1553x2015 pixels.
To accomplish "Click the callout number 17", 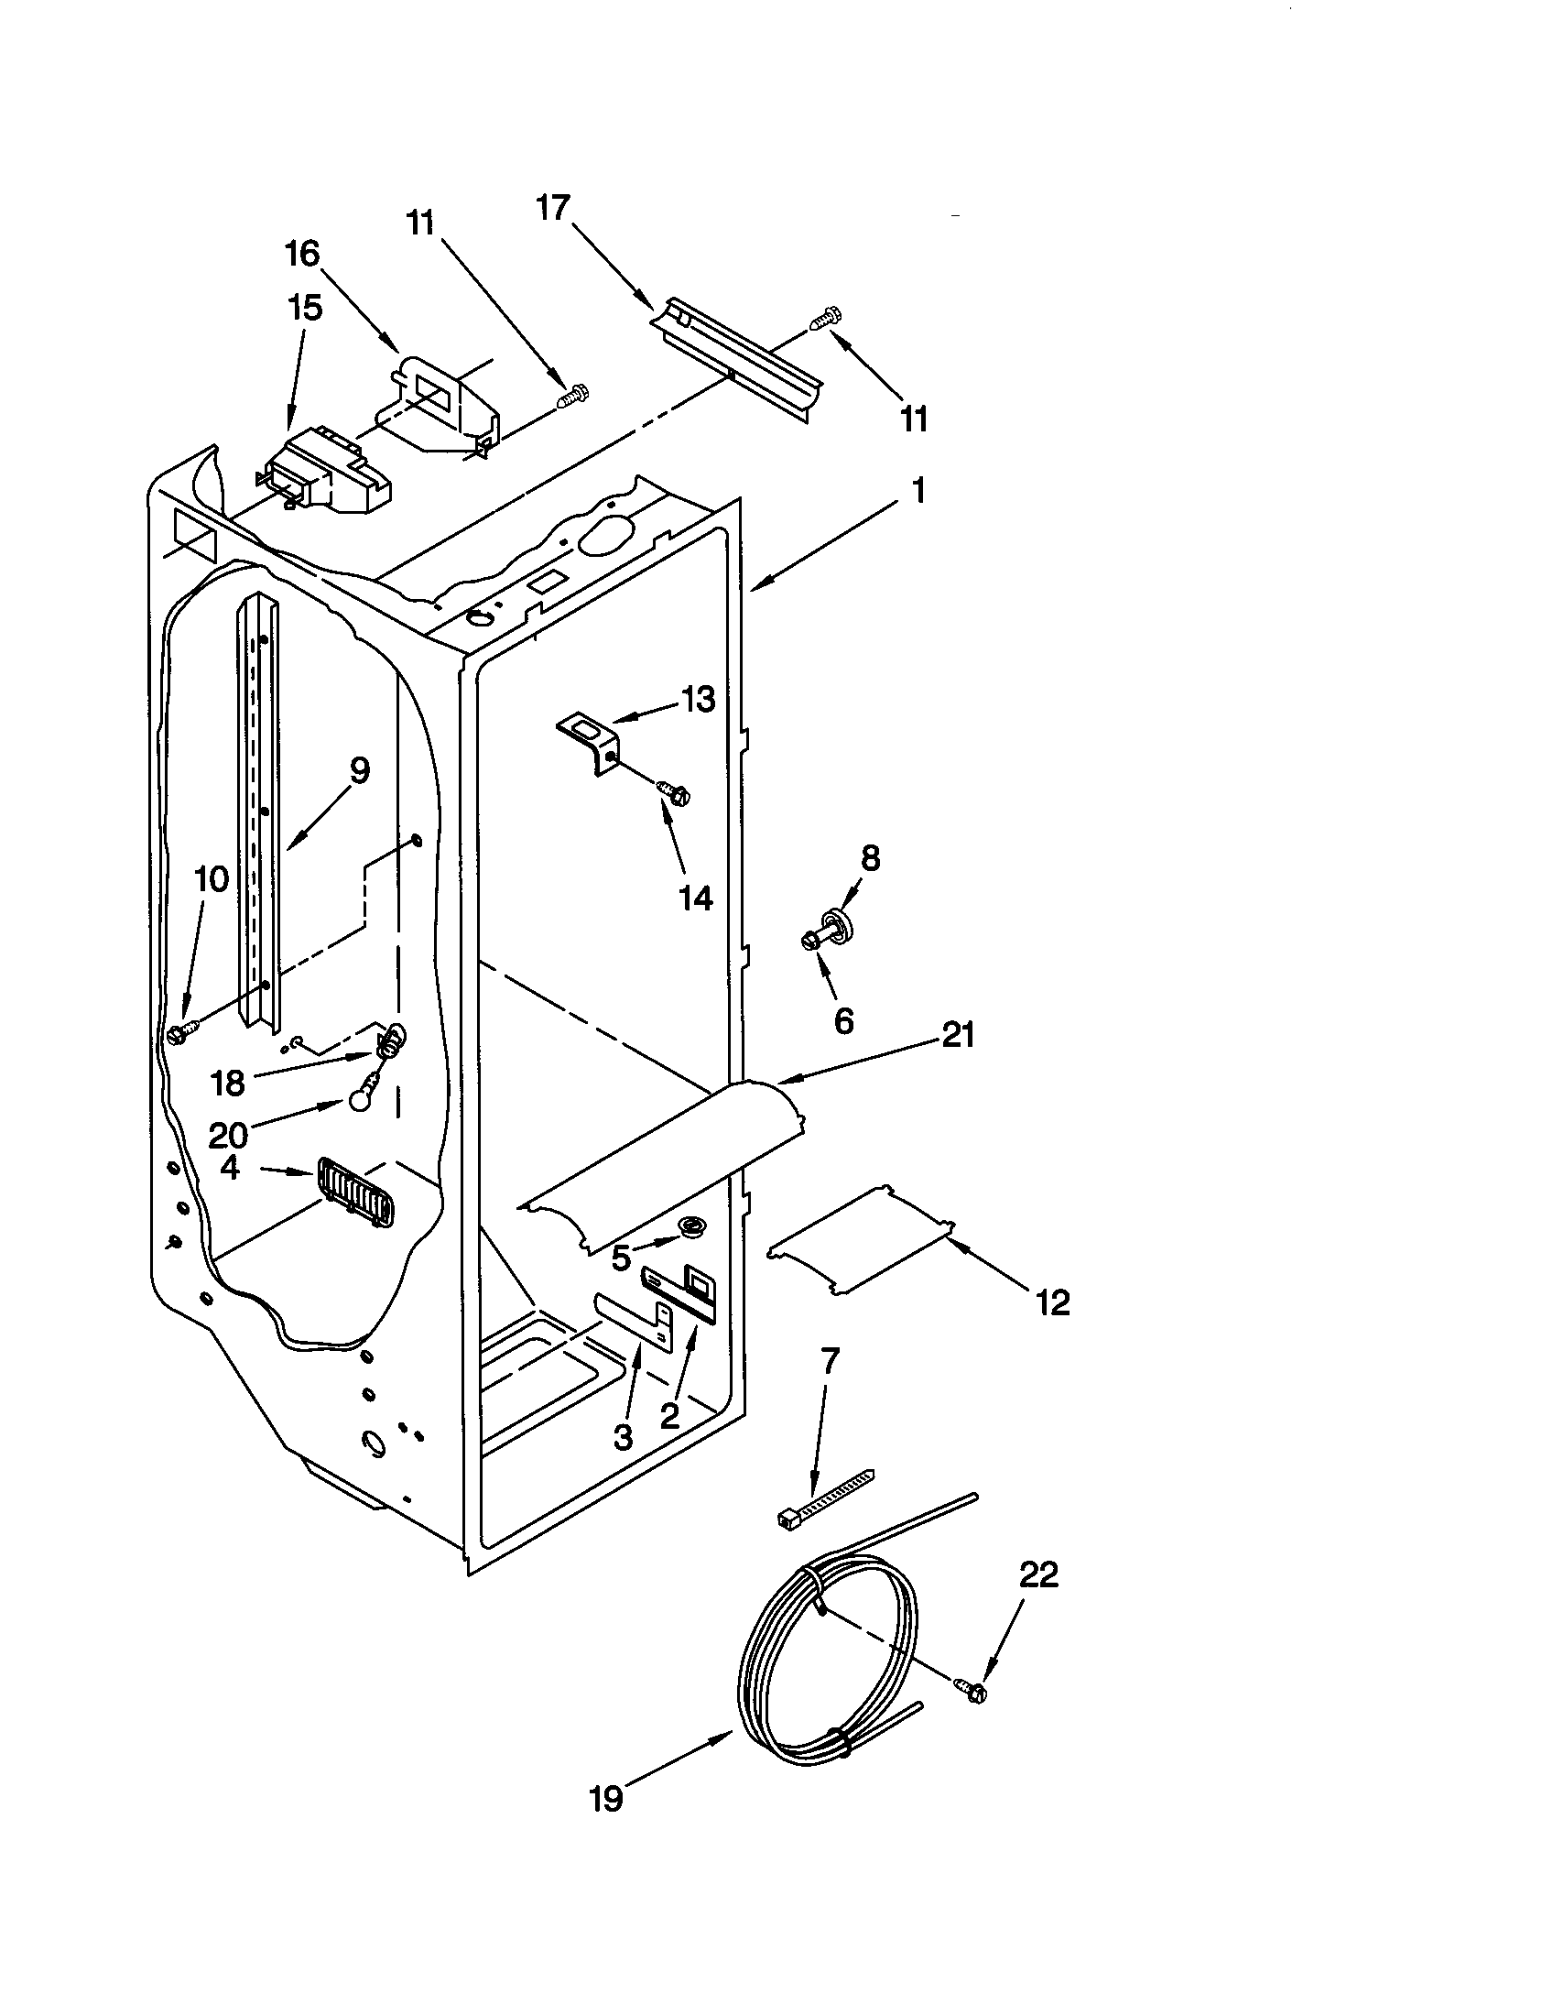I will tap(553, 209).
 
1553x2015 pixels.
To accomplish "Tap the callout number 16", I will tap(301, 253).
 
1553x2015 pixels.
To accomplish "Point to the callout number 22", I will tap(1038, 1575).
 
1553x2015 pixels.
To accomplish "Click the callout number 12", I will tap(1052, 1302).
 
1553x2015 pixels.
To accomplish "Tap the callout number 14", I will tap(696, 897).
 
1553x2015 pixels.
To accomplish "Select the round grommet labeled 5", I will tap(689, 1226).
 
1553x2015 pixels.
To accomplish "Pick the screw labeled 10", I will tap(182, 1033).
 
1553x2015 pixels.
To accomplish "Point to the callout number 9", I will tap(359, 769).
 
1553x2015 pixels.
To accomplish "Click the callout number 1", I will tap(917, 491).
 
